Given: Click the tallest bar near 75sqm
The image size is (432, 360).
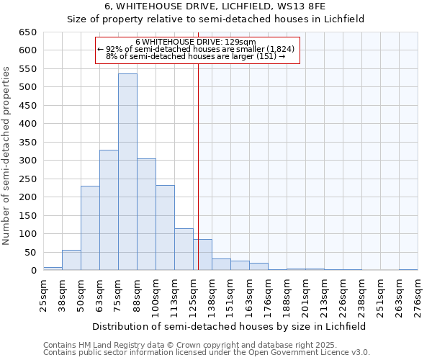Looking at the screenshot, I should click(x=127, y=172).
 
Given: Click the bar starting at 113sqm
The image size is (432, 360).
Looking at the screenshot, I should click(x=184, y=249).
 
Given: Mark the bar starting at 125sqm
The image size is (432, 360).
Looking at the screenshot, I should click(x=202, y=255).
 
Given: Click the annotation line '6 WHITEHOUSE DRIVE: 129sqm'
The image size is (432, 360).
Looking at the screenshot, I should click(x=195, y=42).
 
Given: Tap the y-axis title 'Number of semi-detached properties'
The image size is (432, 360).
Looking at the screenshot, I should click(x=7, y=155).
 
